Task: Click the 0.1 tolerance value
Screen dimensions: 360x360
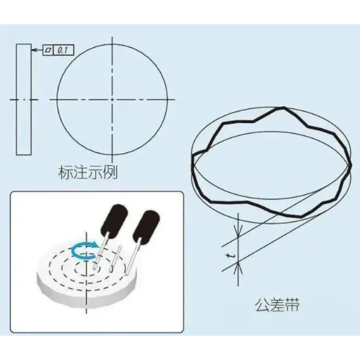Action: pos(63,50)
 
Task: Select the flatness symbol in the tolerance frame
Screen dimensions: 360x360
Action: pos(48,50)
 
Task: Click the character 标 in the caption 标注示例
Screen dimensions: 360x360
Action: pos(65,172)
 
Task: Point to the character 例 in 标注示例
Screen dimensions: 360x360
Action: pos(110,172)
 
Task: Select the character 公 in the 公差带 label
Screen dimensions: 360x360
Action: pos(262,305)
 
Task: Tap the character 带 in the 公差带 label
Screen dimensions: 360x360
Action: pos(292,305)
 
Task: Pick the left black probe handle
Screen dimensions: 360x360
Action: pos(114,219)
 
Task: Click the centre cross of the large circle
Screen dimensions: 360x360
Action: pos(112,100)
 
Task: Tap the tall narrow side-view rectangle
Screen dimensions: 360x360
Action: pos(24,99)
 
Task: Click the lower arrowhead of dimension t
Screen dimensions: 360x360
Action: pos(238,268)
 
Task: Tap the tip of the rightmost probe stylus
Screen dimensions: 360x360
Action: pos(127,273)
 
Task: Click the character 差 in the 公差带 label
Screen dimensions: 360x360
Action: pos(277,305)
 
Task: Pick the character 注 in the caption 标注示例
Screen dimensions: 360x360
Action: pos(80,172)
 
